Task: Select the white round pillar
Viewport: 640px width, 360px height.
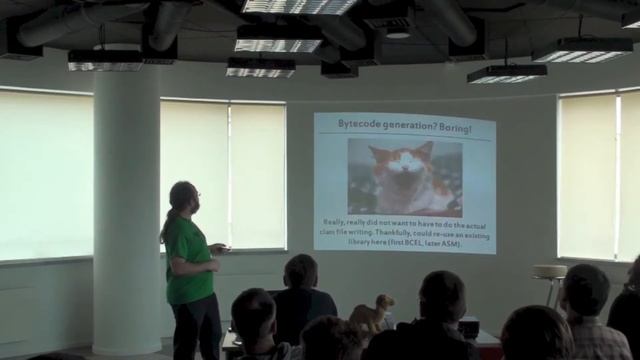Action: click(x=126, y=200)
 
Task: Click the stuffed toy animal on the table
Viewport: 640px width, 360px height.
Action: click(x=373, y=313)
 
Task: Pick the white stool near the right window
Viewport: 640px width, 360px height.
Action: click(x=549, y=280)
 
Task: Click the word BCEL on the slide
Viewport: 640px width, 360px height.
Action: click(x=399, y=243)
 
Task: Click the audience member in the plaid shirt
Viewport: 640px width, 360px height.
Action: click(x=589, y=320)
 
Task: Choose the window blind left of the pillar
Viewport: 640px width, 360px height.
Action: click(x=45, y=175)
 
